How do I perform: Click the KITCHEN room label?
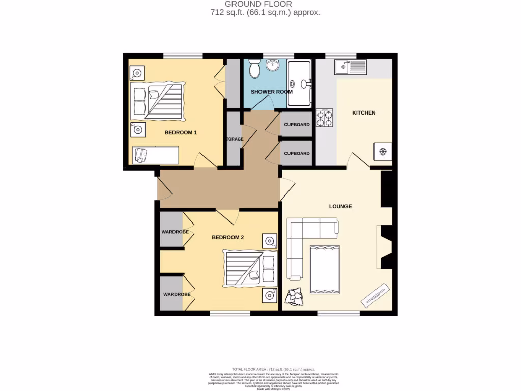click(x=364, y=113)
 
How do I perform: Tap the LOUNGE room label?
click(x=340, y=206)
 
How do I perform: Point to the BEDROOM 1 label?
click(x=181, y=132)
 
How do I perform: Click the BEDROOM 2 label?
click(x=228, y=237)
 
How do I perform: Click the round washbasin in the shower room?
click(x=273, y=65)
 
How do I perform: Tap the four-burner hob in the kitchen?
click(x=325, y=118)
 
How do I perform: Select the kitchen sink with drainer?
click(x=351, y=66)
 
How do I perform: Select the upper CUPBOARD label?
click(x=297, y=125)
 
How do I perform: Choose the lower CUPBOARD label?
click(x=297, y=153)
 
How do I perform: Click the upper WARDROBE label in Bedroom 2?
click(x=175, y=232)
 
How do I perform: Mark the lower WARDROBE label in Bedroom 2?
click(x=177, y=294)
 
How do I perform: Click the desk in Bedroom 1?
click(x=156, y=155)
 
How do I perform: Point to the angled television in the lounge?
click(x=376, y=294)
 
